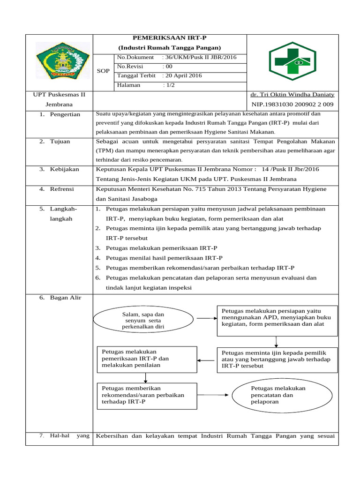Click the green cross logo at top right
[x=292, y=61]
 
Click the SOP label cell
[x=103, y=71]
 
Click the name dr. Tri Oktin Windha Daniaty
[x=292, y=95]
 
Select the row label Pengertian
[x=65, y=114]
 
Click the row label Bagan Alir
[x=65, y=298]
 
